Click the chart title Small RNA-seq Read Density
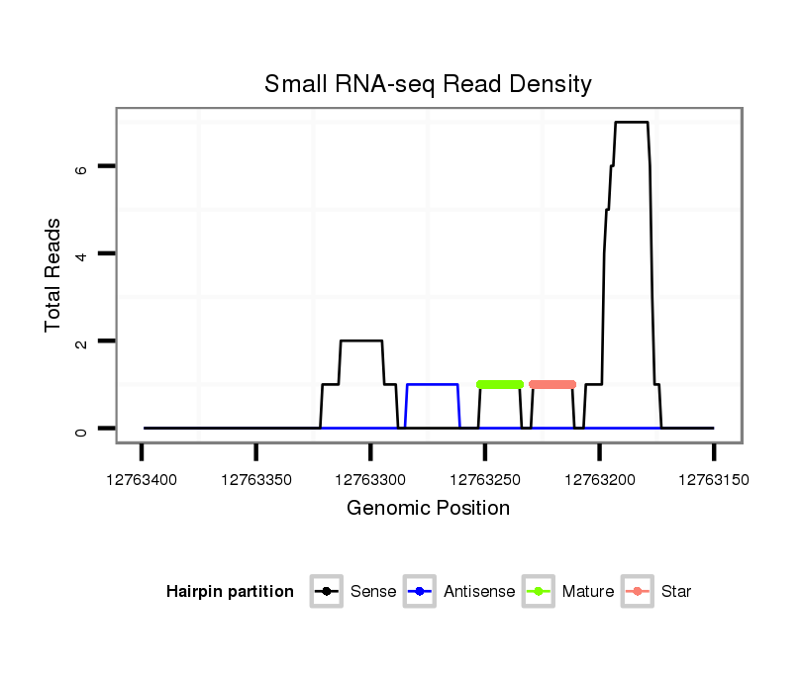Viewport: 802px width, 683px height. pos(428,84)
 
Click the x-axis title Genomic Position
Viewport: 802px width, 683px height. pos(428,509)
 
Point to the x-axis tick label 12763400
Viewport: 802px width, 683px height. pos(142,480)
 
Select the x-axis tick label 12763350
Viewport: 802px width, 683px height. pos(255,480)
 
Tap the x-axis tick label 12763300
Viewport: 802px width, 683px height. pos(370,480)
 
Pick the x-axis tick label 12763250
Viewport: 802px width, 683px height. pos(485,480)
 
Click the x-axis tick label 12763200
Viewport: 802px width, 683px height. pos(599,480)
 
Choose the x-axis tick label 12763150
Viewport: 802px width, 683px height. pos(714,480)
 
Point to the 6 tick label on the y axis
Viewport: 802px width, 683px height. pos(83,167)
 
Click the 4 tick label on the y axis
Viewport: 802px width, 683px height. pos(83,254)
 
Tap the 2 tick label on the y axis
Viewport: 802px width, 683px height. pos(83,341)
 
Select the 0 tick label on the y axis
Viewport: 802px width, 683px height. pos(83,429)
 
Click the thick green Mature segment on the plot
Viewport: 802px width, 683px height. pos(500,384)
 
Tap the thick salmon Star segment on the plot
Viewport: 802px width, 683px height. pos(552,384)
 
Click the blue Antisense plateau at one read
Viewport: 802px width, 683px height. pos(432,384)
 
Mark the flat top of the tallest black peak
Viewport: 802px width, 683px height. pos(631,122)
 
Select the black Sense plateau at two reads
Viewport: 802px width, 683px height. pos(360,341)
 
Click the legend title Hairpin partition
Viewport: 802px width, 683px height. pos(230,592)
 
